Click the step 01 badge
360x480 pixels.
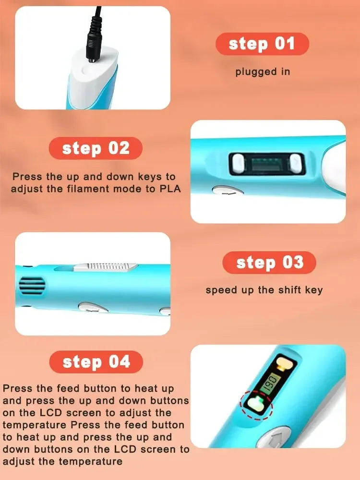262,44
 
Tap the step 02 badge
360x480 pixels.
96,148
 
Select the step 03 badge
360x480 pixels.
269,263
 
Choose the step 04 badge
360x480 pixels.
96,362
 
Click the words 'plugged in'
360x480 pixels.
263,72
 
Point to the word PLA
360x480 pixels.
170,189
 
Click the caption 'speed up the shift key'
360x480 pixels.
264,290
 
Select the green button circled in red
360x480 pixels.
256,404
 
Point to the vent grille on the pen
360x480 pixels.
32,286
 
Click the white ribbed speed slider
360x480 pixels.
106,267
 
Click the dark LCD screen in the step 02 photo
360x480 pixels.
267,164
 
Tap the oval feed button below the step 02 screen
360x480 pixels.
228,190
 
